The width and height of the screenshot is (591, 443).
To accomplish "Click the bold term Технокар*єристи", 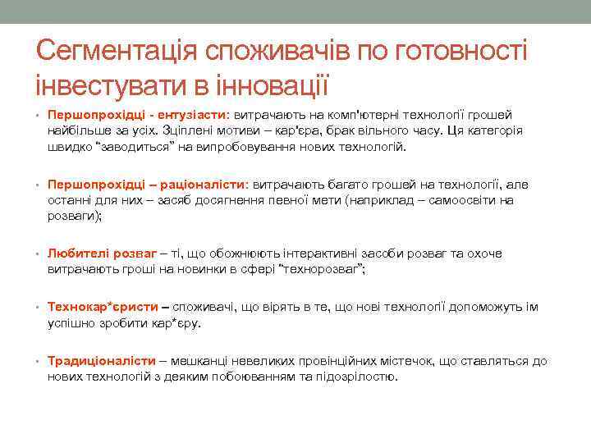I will tap(103, 307).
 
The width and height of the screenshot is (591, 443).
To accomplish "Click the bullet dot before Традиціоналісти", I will tap(38, 362).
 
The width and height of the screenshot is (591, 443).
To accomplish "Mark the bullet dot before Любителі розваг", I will tap(38, 254).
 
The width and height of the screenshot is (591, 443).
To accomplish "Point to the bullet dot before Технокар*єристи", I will tap(38, 308).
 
